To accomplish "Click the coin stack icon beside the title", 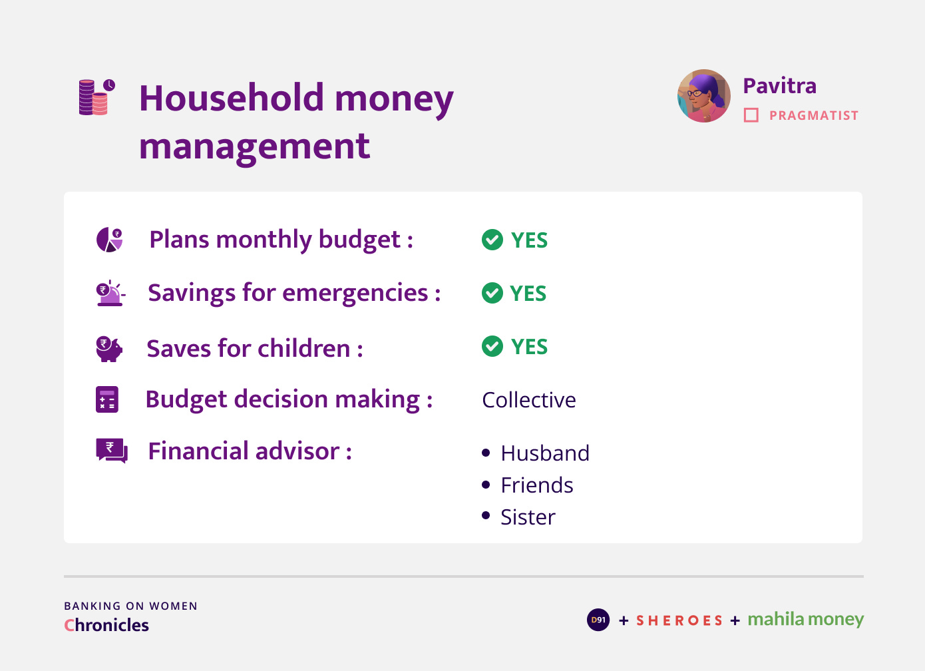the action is (97, 97).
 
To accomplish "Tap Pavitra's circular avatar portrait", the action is (704, 96).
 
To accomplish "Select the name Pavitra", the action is (780, 86).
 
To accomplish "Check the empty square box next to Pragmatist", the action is (751, 115).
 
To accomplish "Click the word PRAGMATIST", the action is (814, 116).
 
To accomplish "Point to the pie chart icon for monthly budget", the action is (109, 240).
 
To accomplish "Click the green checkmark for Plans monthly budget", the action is (492, 240).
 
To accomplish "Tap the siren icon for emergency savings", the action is (110, 293).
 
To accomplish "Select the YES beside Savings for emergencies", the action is (528, 294).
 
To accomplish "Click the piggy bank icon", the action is (109, 349).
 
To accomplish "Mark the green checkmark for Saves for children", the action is (492, 346).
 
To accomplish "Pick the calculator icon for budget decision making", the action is (107, 399).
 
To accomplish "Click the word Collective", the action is (529, 400).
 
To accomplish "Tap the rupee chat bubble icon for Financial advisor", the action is (112, 451).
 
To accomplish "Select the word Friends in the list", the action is (537, 485).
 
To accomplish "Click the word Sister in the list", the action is (528, 517).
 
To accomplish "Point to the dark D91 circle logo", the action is (598, 620).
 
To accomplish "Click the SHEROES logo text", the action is (679, 620).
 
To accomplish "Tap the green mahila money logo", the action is (806, 619).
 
